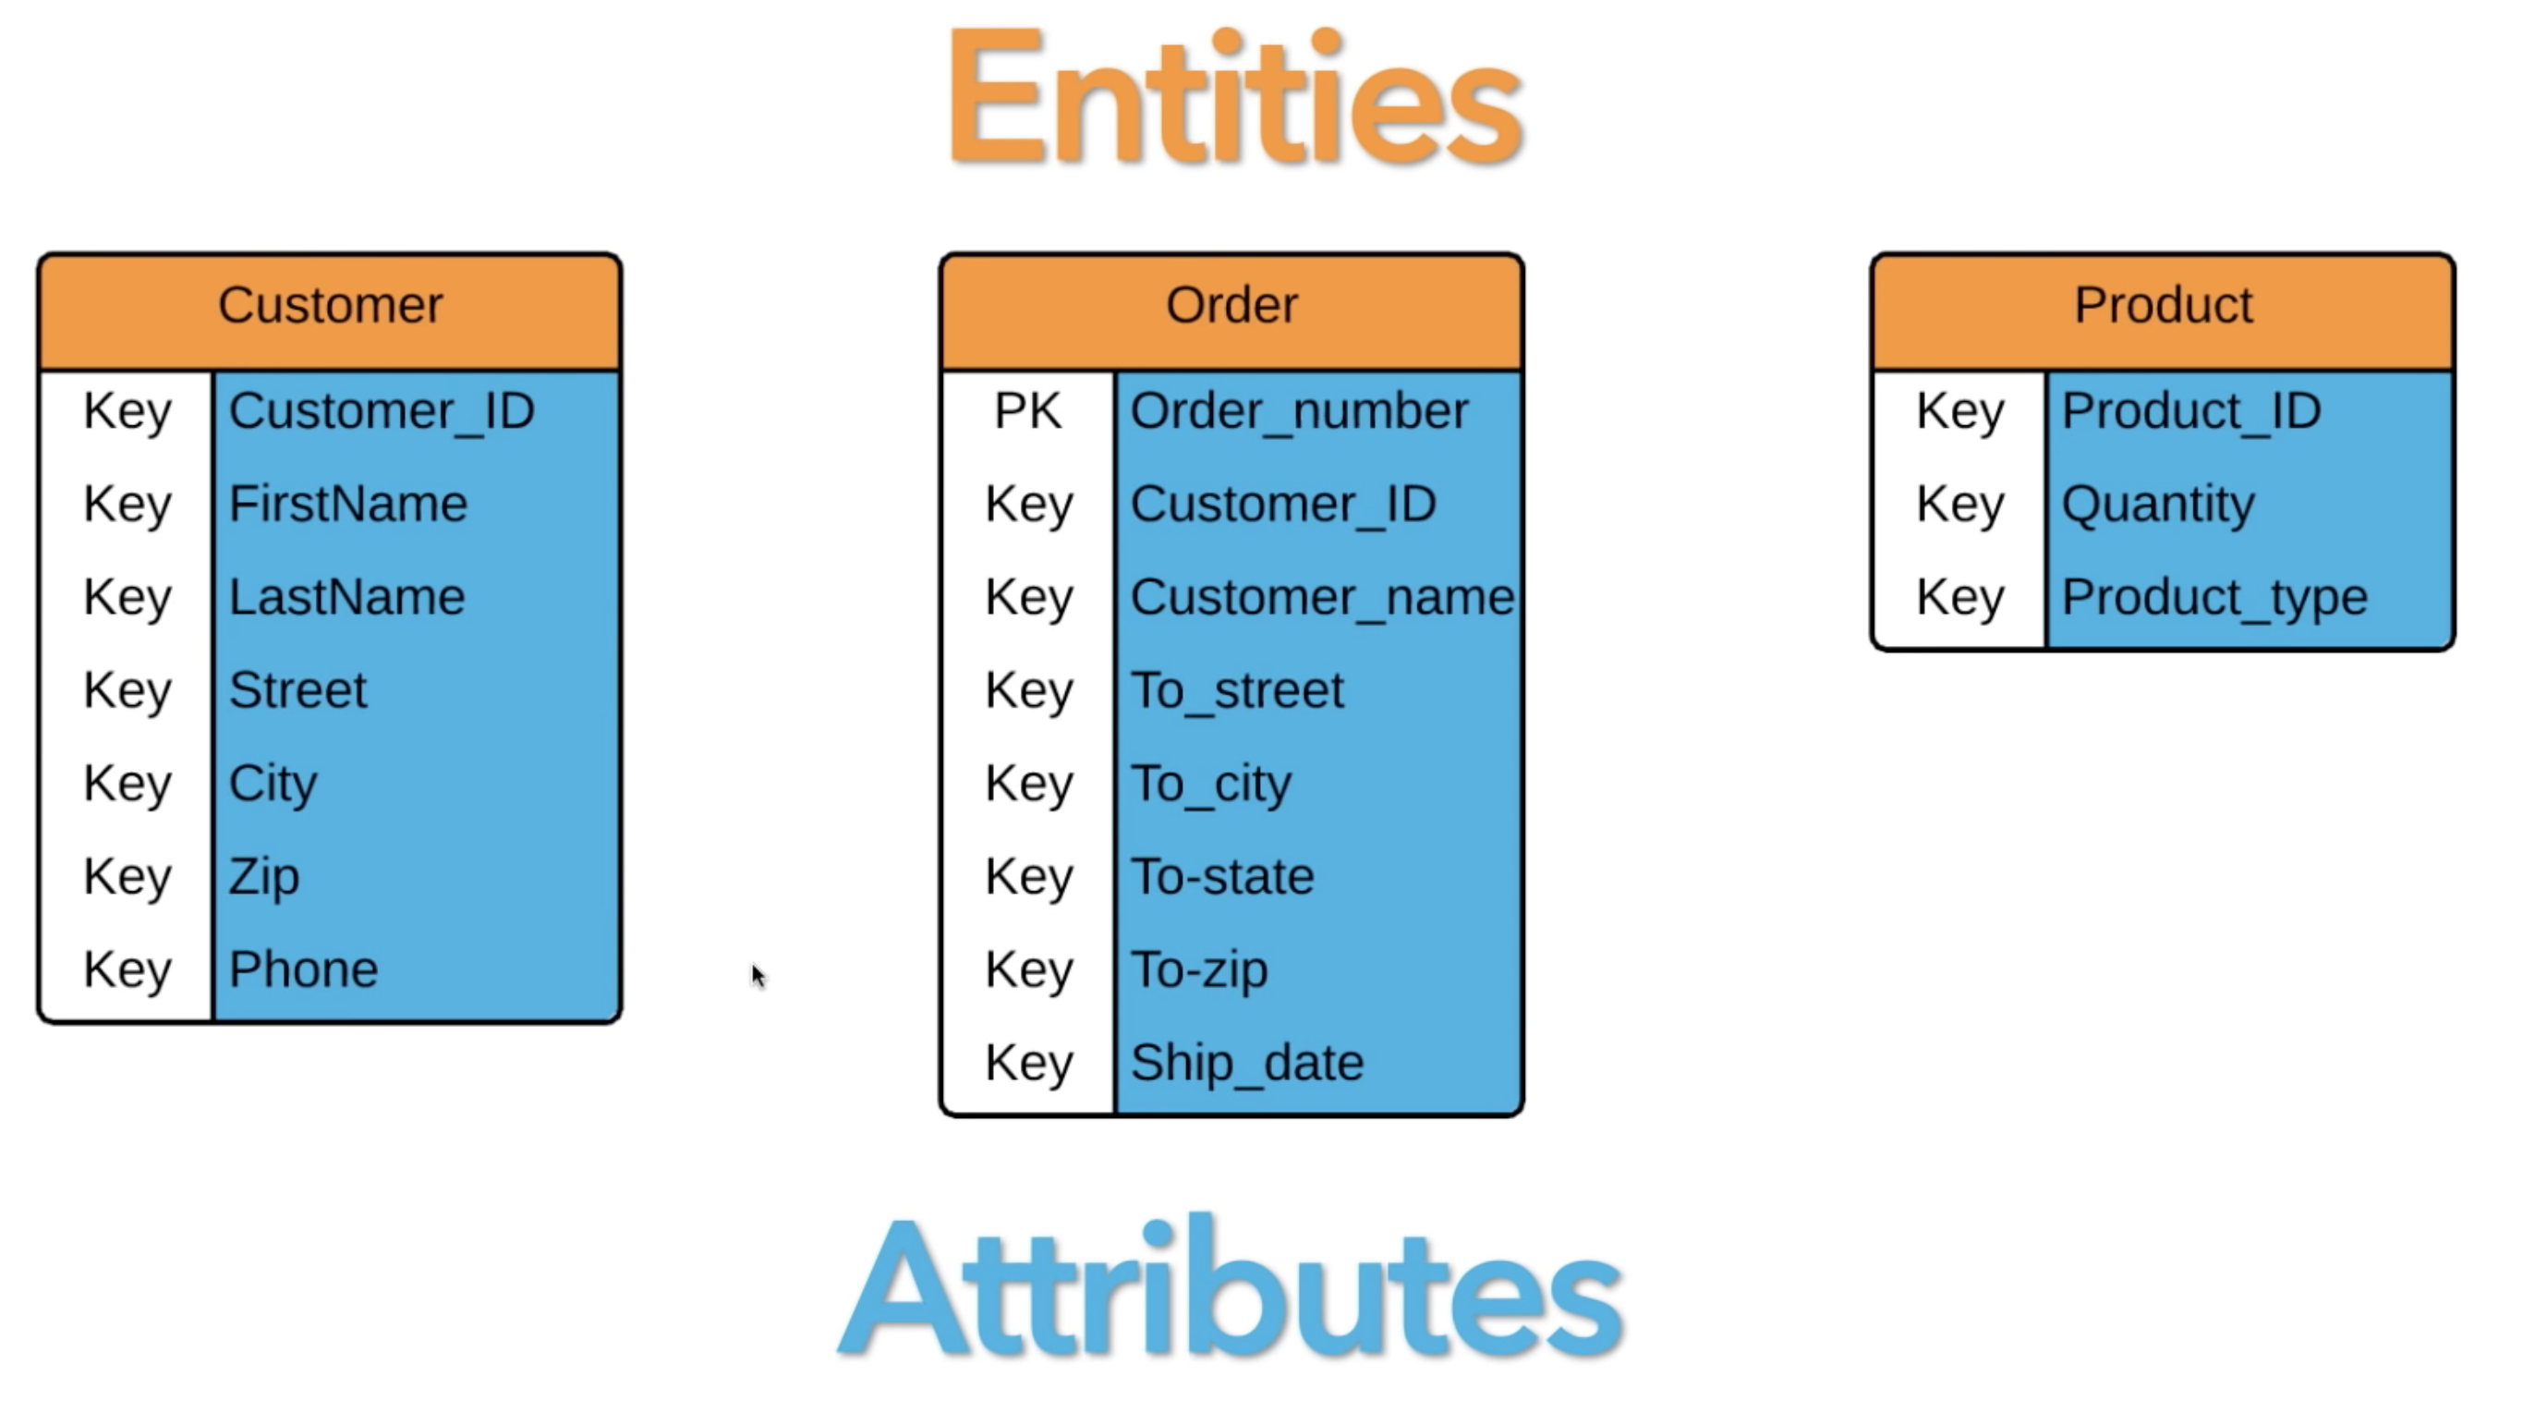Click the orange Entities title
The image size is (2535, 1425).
pyautogui.click(x=1234, y=98)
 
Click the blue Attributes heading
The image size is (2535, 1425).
pyautogui.click(x=1231, y=1289)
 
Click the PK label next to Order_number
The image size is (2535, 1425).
pyautogui.click(x=1027, y=411)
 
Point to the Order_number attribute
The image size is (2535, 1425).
pyautogui.click(x=1299, y=411)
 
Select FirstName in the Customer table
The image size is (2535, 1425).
pyautogui.click(x=347, y=505)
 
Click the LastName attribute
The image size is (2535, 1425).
pyautogui.click(x=346, y=597)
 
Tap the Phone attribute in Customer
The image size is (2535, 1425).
pyautogui.click(x=303, y=970)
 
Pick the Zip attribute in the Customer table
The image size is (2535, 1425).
pyautogui.click(x=263, y=877)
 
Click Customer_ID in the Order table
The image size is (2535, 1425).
pyautogui.click(x=1282, y=505)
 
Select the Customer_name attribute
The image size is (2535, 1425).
pyautogui.click(x=1322, y=597)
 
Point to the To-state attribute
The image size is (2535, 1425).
pyautogui.click(x=1221, y=877)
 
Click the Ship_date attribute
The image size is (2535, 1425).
pyautogui.click(x=1247, y=1064)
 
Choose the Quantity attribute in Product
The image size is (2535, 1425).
pyautogui.click(x=2157, y=505)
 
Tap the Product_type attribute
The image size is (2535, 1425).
pyautogui.click(x=2214, y=597)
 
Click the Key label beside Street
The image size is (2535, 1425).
pyautogui.click(x=127, y=691)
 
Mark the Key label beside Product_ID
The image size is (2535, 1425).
pyautogui.click(x=1959, y=411)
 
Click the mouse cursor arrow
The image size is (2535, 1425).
pyautogui.click(x=758, y=975)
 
